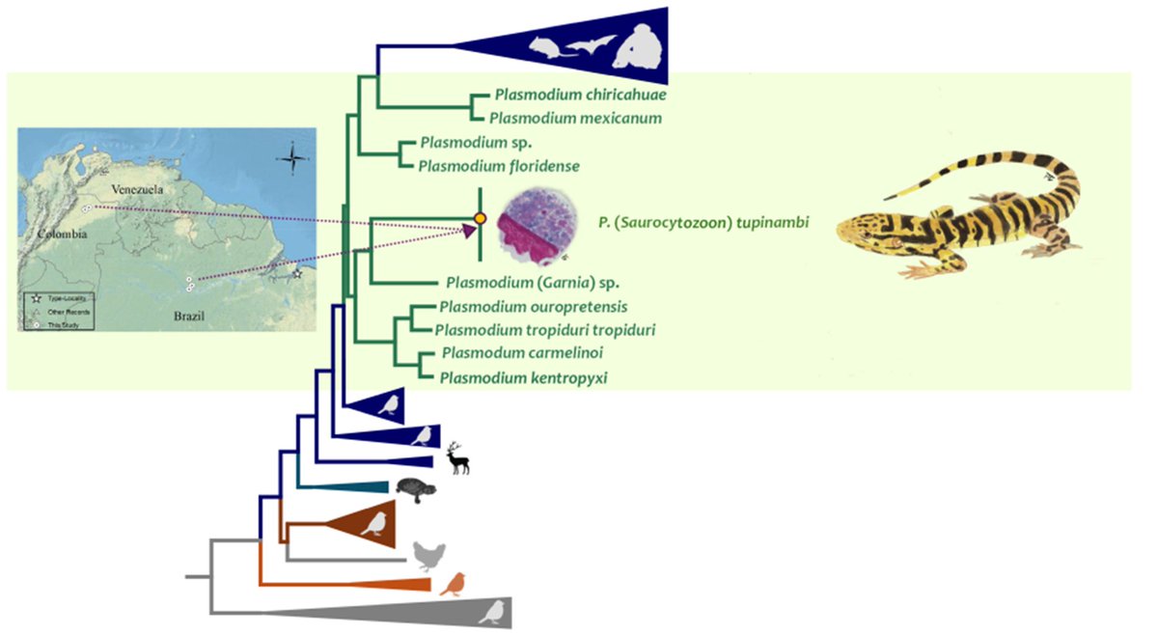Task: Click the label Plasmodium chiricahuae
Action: click(580, 95)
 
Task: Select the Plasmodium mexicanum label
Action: click(575, 118)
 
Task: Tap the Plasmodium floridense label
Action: click(498, 166)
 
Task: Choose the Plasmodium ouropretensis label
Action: click(533, 307)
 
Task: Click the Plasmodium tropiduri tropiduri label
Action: click(546, 330)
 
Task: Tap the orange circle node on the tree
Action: click(480, 218)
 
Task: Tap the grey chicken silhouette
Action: click(428, 556)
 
